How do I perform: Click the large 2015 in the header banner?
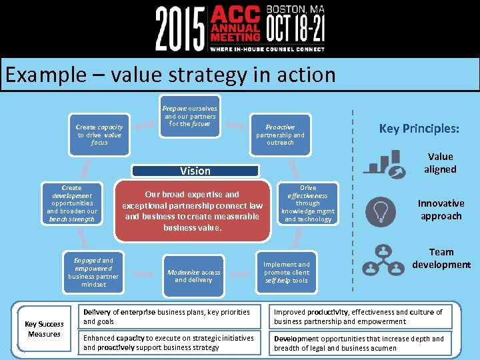[x=180, y=28]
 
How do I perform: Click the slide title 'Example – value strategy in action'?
[x=171, y=74]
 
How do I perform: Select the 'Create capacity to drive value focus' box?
[x=99, y=134]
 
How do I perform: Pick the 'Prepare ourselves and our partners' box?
[x=190, y=117]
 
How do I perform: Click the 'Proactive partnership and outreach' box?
[x=280, y=134]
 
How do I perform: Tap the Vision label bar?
[x=195, y=171]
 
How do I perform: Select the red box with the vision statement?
[x=193, y=211]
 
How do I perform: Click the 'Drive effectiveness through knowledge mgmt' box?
[x=308, y=203]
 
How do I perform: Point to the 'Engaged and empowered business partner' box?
[x=93, y=272]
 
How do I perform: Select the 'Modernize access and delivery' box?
[x=193, y=276]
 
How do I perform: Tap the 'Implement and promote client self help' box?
[x=286, y=272]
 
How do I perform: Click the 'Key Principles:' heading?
[x=419, y=129]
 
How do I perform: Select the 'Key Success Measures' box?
[x=44, y=329]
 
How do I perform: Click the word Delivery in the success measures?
[x=97, y=312]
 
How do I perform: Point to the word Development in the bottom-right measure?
[x=297, y=339]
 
